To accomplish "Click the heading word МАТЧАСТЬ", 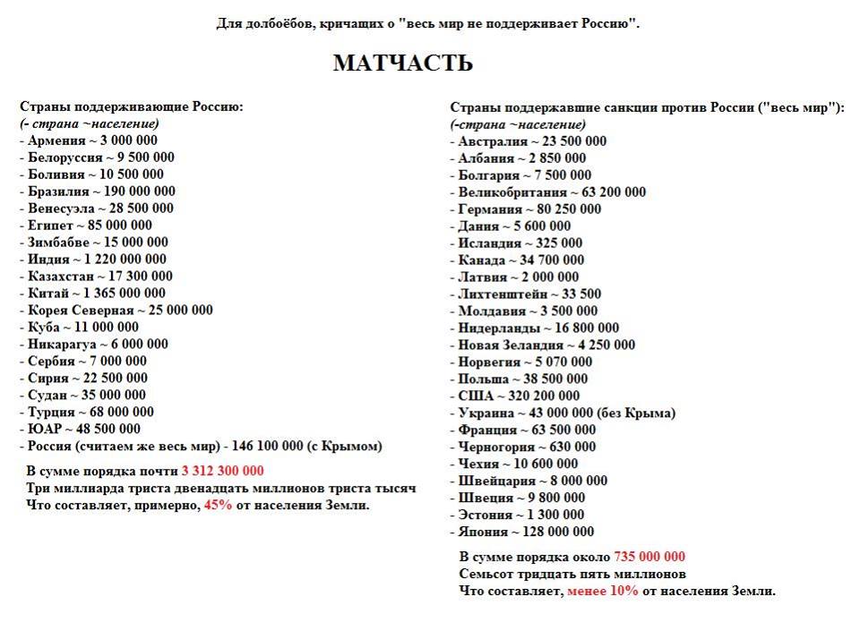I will (x=402, y=64).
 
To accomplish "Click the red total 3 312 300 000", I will (x=222, y=471).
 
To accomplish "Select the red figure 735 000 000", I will (x=649, y=557).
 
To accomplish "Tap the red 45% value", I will (x=218, y=505).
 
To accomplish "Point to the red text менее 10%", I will (x=602, y=591).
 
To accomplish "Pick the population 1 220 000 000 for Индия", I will (x=122, y=260).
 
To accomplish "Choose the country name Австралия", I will (x=493, y=141).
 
